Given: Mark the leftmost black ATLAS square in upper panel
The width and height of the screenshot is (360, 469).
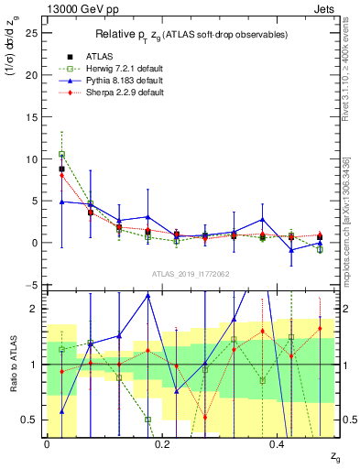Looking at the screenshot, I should (x=61, y=169).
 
